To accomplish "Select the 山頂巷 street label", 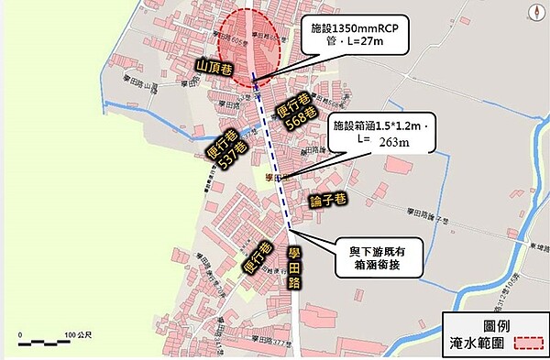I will tap(216, 65).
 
